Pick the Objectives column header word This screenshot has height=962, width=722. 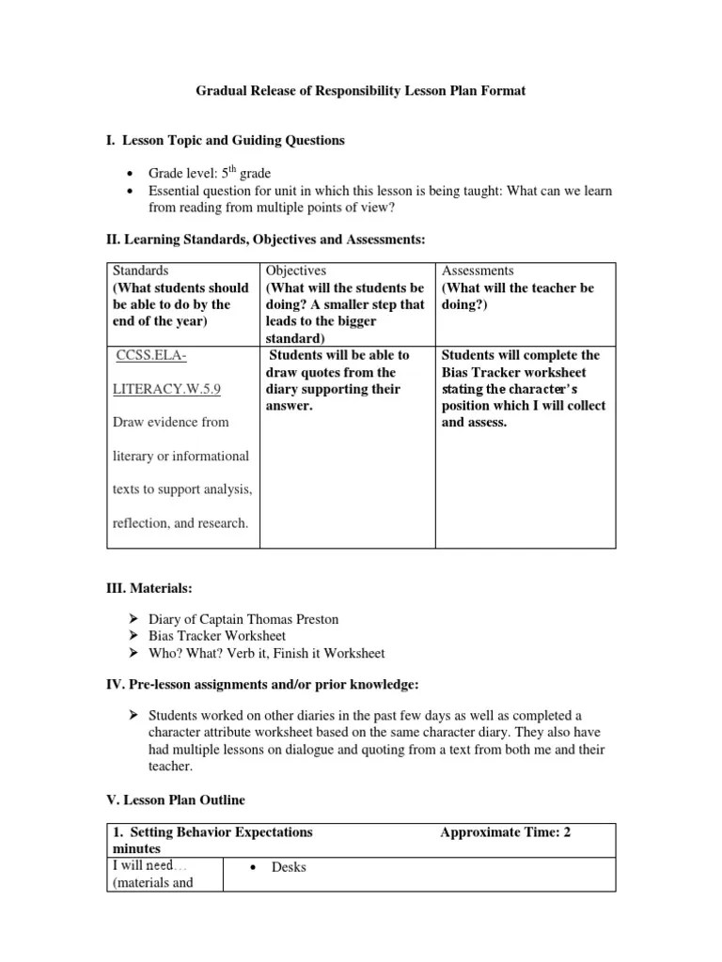(296, 271)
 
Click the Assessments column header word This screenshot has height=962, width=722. (478, 271)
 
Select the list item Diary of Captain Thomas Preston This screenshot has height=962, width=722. (243, 619)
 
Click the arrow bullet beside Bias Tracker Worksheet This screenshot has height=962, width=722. (133, 636)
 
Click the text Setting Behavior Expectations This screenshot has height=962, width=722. (221, 831)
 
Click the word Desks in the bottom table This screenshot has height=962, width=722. (289, 867)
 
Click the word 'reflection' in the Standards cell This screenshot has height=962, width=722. (140, 523)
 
